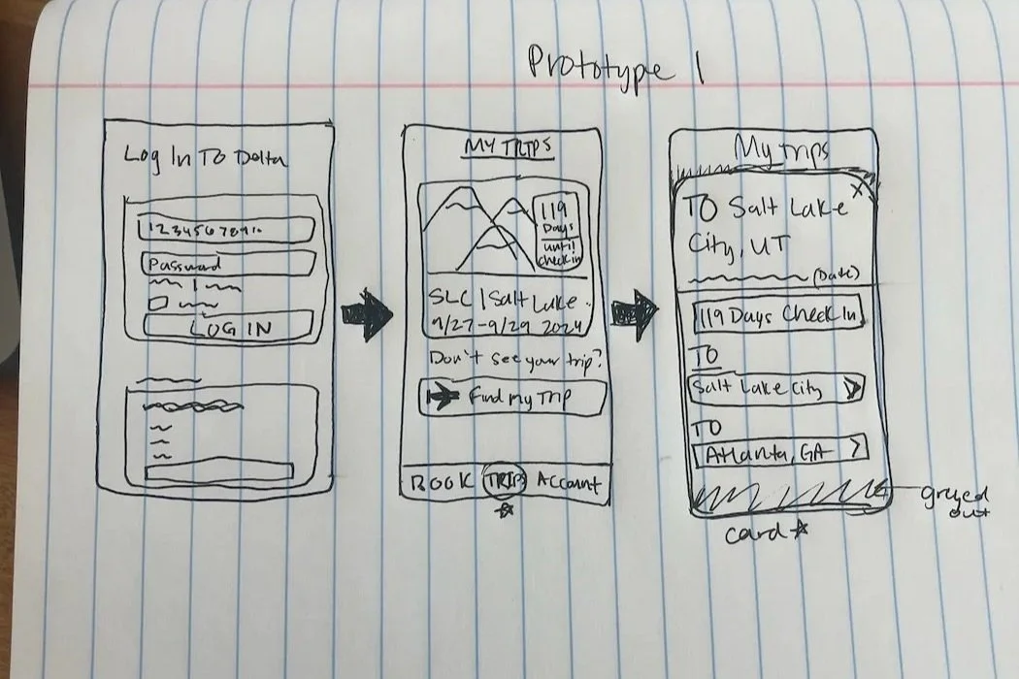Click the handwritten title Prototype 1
tap(616, 65)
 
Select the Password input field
tap(229, 263)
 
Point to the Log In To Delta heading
tap(205, 158)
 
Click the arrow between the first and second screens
tap(367, 315)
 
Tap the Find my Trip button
tap(512, 398)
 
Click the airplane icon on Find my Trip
tap(443, 399)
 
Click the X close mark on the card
tap(856, 189)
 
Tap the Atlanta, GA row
tap(780, 451)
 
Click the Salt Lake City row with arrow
tap(775, 389)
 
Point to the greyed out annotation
tap(954, 497)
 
